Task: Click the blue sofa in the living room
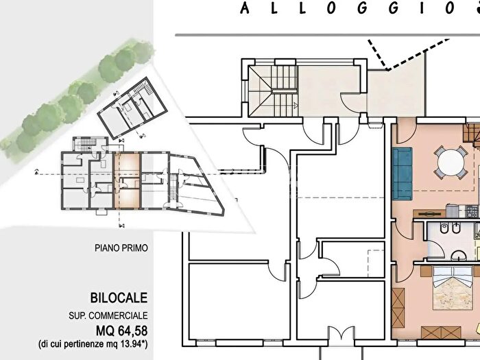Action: click(x=403, y=173)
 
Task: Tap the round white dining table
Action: click(x=451, y=163)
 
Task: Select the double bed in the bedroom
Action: click(x=453, y=289)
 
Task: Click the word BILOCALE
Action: click(x=119, y=298)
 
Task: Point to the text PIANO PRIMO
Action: click(x=121, y=248)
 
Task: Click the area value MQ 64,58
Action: click(x=122, y=331)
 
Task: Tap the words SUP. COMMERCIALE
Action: click(x=108, y=315)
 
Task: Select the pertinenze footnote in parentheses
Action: click(x=93, y=344)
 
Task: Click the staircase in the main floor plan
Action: click(x=273, y=91)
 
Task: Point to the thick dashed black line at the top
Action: click(x=408, y=55)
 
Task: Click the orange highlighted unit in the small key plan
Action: click(x=127, y=180)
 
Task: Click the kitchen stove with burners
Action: click(x=472, y=211)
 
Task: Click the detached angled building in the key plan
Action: click(x=132, y=108)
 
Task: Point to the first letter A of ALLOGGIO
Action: click(x=245, y=8)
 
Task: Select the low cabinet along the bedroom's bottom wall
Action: click(x=441, y=333)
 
